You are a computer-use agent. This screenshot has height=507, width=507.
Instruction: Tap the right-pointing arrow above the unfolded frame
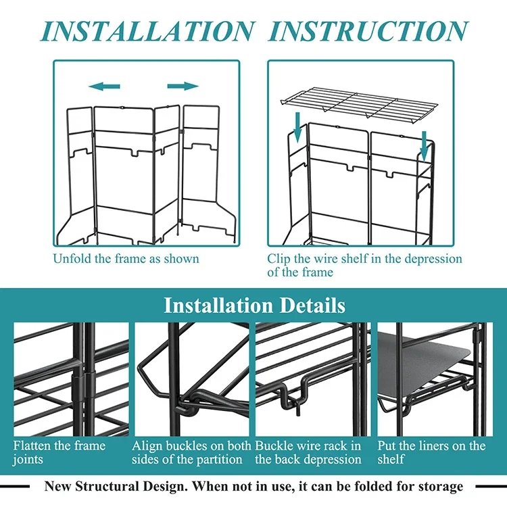coord(183,86)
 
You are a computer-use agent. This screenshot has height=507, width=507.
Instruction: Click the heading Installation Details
coord(254,305)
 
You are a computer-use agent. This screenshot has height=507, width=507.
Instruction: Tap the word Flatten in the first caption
coord(35,446)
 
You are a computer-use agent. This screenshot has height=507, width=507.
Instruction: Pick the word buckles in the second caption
coord(188,446)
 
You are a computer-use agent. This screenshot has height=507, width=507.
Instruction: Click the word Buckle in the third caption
coord(277,446)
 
